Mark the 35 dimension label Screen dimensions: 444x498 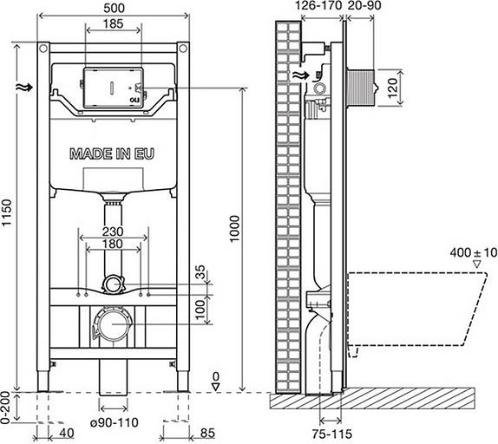202,273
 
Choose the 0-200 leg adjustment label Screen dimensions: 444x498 9,408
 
